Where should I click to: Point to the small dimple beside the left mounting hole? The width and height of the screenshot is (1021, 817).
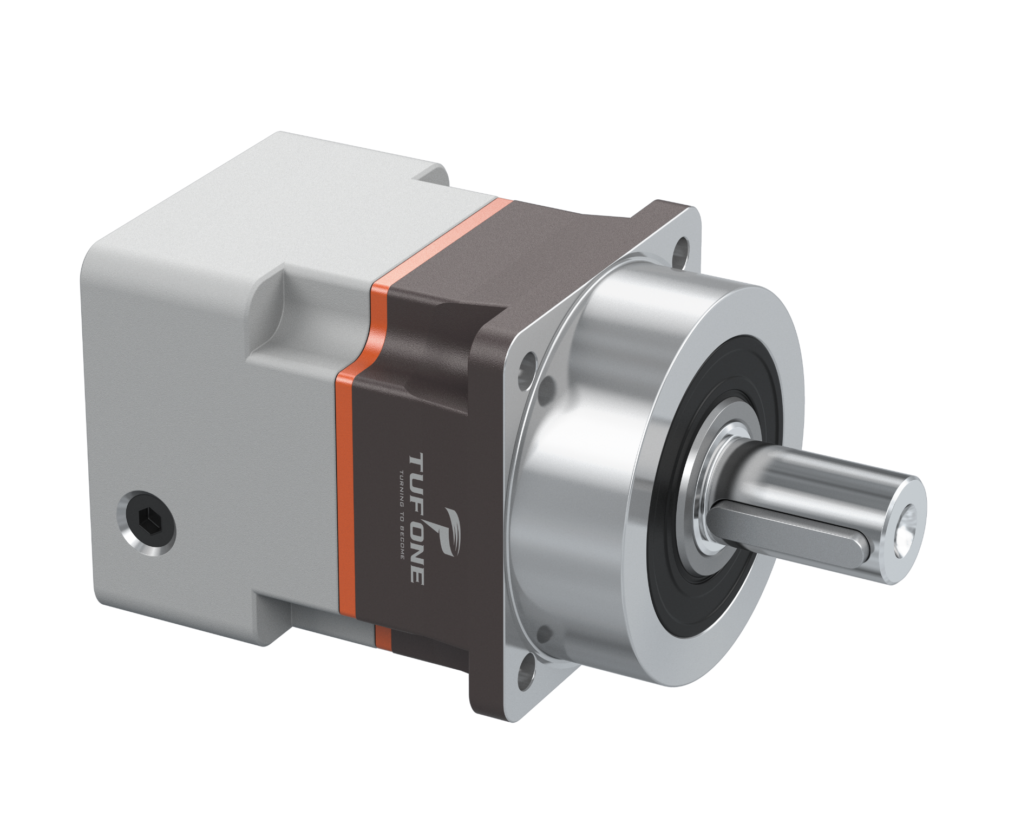[x=547, y=386]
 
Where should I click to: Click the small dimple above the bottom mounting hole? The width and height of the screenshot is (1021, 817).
[x=543, y=633]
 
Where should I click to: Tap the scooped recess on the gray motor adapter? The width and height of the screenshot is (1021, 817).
[x=271, y=314]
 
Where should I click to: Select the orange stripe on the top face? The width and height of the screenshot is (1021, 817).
[x=433, y=244]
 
